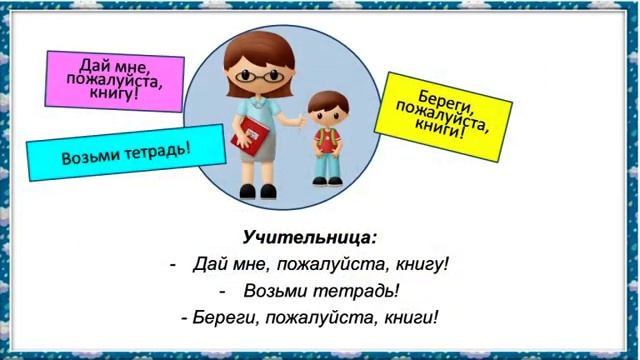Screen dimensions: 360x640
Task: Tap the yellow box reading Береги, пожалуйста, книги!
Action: (x=442, y=110)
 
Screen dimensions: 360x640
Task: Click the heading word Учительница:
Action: (x=309, y=238)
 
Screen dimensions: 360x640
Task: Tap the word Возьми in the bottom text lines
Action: (x=282, y=291)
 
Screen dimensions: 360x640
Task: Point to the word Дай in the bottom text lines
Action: (x=208, y=265)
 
